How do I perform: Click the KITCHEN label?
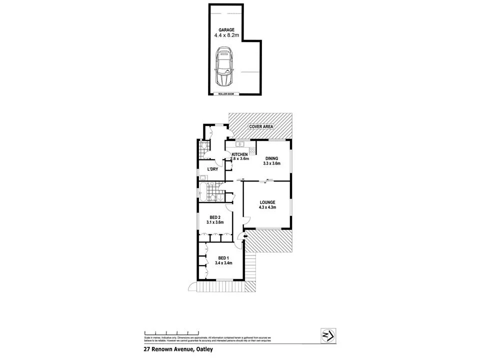click(239, 154)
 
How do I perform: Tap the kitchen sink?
click(234, 144)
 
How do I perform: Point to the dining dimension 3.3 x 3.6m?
click(272, 163)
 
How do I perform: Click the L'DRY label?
click(212, 169)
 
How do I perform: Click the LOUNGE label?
click(267, 202)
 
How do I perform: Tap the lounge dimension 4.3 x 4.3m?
click(267, 208)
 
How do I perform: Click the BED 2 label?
click(214, 217)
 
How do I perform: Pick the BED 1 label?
click(223, 258)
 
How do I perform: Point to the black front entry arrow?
click(239, 236)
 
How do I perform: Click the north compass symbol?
click(327, 334)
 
